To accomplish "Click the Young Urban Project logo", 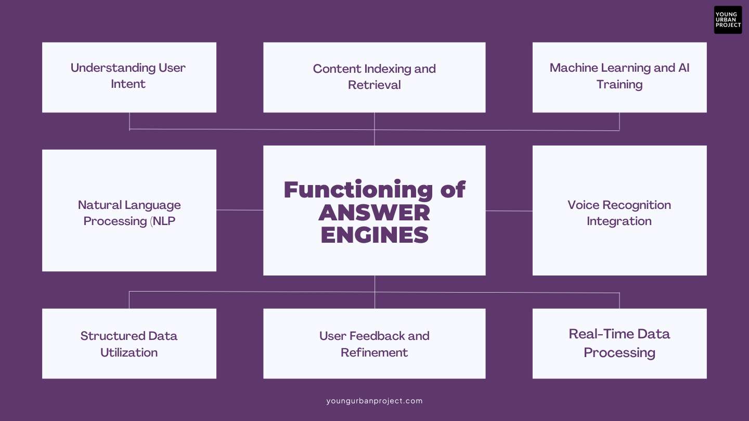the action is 728,20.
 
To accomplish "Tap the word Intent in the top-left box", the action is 128,84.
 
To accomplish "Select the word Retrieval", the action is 374,85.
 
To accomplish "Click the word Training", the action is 619,85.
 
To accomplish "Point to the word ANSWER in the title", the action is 374,213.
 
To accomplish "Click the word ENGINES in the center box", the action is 374,234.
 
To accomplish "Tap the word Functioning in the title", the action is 358,190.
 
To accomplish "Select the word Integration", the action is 619,221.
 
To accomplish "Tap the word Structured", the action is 112,336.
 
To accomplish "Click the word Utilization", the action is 129,352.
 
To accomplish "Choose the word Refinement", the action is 374,352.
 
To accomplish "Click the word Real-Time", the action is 601,334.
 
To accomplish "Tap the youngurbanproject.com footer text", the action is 374,401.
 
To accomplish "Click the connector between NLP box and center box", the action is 240,210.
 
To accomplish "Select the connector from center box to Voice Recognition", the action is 509,211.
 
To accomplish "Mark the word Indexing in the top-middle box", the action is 388,69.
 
